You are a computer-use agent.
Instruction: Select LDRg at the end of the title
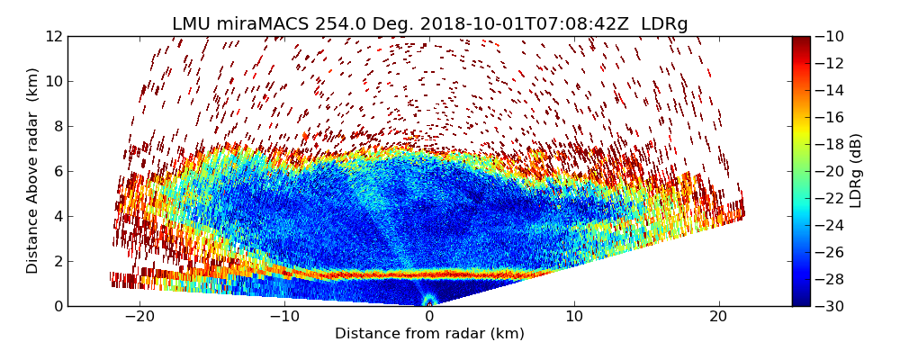(664, 24)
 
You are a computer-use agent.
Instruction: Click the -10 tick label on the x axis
(284, 316)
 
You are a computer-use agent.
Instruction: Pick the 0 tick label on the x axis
(429, 316)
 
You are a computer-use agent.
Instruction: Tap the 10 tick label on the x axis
(574, 316)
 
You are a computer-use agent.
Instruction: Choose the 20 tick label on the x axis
(718, 316)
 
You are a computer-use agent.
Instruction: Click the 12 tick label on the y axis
(53, 36)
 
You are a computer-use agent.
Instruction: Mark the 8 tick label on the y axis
(57, 126)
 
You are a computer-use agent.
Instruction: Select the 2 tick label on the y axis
(57, 261)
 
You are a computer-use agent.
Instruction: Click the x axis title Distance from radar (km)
(429, 334)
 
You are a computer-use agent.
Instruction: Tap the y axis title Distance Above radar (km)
(32, 171)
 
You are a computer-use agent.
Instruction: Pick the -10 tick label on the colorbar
(831, 36)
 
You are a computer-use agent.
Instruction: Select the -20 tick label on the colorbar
(831, 171)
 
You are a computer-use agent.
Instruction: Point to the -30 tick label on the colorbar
(831, 306)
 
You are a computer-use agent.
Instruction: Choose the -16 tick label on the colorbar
(831, 117)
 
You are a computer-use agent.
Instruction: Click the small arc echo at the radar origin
(429, 300)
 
